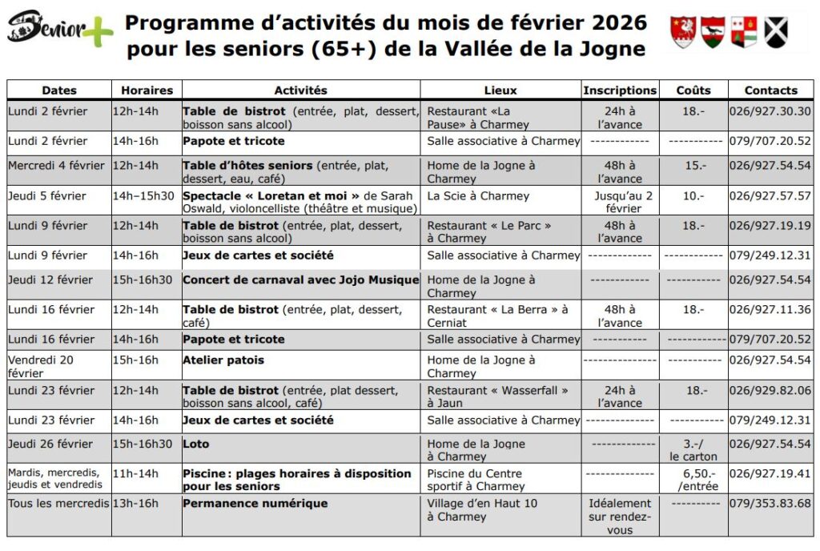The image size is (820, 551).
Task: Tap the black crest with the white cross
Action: (x=775, y=32)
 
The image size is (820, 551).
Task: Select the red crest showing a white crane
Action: (x=683, y=32)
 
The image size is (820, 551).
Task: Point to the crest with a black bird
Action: (x=713, y=32)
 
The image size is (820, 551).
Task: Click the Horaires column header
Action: (x=147, y=90)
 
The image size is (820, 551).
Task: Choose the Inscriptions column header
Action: (x=620, y=90)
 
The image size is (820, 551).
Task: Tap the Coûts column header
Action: (x=693, y=90)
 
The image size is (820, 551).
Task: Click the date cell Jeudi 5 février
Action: (x=47, y=195)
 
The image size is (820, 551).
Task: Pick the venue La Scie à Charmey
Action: (x=478, y=195)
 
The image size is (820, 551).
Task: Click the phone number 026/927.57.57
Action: (x=770, y=195)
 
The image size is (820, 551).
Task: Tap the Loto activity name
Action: (x=196, y=444)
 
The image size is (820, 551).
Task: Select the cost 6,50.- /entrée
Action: (x=697, y=479)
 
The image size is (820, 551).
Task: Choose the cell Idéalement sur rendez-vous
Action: (x=620, y=516)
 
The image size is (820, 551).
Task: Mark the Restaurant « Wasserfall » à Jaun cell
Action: (x=497, y=396)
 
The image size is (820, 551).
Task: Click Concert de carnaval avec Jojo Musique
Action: (x=300, y=280)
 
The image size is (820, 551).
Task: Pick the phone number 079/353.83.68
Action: (x=770, y=504)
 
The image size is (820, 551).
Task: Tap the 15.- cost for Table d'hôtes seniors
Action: (x=693, y=166)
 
